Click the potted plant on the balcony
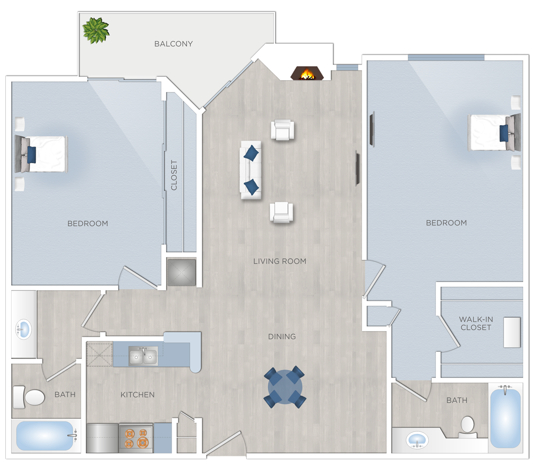[96, 30]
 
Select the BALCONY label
[173, 44]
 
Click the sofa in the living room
[251, 170]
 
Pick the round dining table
[285, 387]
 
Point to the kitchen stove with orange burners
[136, 438]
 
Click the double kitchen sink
[143, 356]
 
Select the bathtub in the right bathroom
[505, 418]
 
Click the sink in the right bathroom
[417, 439]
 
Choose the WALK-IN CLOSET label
[476, 323]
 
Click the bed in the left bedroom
[43, 154]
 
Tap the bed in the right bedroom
[492, 133]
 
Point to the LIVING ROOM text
[280, 261]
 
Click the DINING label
[282, 337]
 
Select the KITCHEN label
[137, 395]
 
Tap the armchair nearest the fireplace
[282, 130]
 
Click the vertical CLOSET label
[174, 175]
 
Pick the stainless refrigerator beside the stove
[102, 438]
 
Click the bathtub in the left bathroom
[45, 436]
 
